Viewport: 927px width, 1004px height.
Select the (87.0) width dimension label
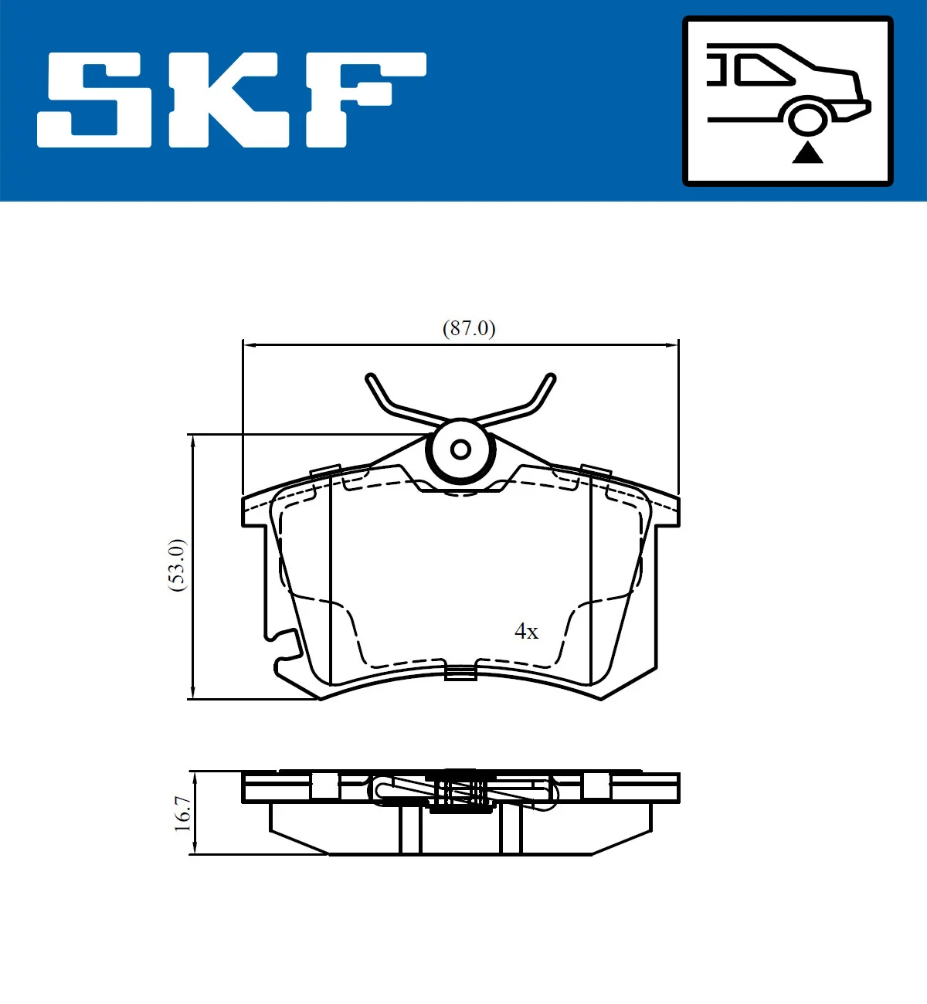(x=469, y=328)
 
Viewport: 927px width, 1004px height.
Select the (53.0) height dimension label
(x=177, y=565)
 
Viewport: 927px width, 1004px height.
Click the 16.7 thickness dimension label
(x=182, y=813)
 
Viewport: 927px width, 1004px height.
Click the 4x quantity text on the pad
(x=526, y=632)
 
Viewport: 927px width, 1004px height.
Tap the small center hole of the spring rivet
(x=460, y=449)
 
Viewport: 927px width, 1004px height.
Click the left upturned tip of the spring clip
(x=372, y=380)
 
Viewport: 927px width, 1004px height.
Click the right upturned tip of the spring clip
(x=550, y=380)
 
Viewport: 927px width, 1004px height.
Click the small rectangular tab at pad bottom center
(x=460, y=673)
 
